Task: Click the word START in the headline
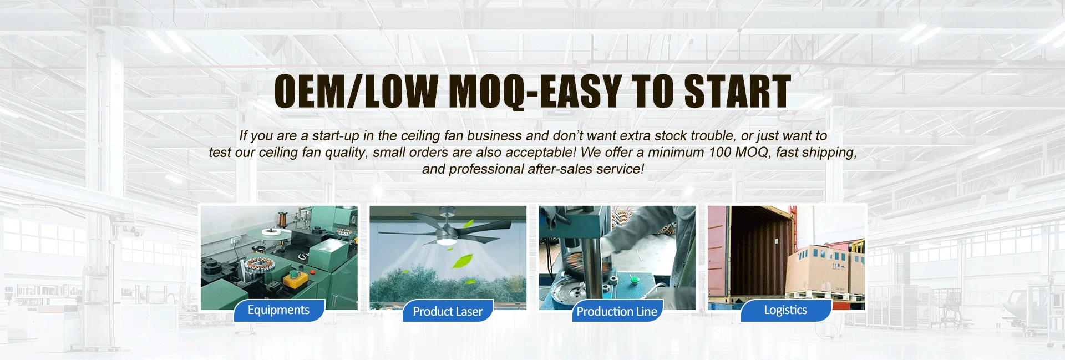click(737, 92)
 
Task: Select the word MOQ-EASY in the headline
click(535, 93)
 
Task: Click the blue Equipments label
click(278, 310)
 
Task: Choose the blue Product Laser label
click(448, 311)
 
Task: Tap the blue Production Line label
click(617, 311)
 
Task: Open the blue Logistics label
click(785, 310)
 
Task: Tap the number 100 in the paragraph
click(720, 152)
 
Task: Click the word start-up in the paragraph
click(336, 136)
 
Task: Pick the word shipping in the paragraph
click(829, 153)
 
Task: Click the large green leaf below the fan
click(462, 260)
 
